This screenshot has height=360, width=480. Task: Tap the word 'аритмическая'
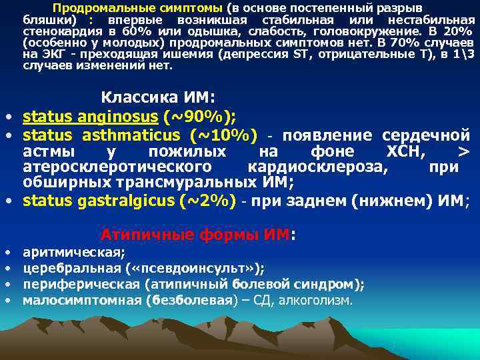point(73,253)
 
